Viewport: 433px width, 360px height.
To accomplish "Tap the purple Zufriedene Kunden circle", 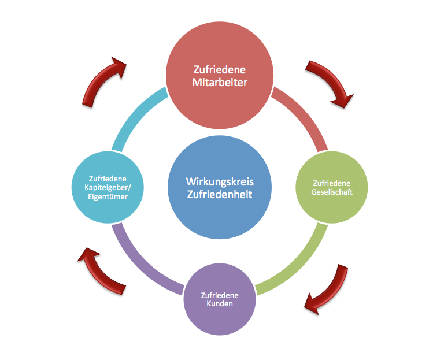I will pyautogui.click(x=219, y=298).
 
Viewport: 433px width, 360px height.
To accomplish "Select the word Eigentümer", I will pyautogui.click(x=108, y=197).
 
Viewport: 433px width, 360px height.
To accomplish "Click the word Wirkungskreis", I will pyautogui.click(x=220, y=181).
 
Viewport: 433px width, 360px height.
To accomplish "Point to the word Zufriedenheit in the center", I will pyautogui.click(x=220, y=195).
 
